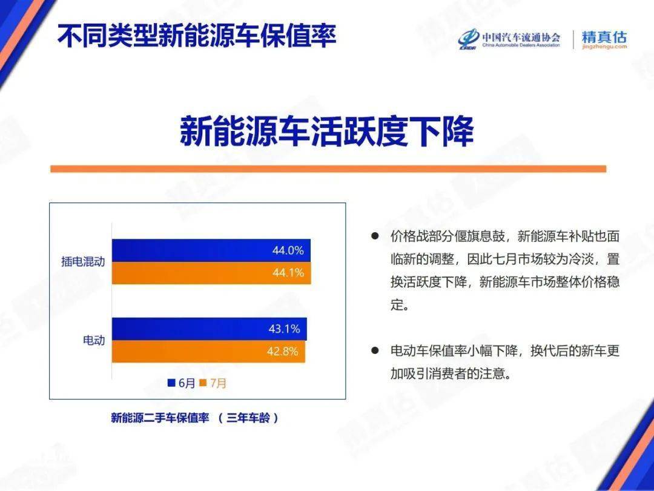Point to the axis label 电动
93,340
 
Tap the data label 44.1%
288,273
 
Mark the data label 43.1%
284,329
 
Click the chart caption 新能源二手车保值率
160,418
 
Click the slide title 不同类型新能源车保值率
196,36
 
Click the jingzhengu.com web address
604,47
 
